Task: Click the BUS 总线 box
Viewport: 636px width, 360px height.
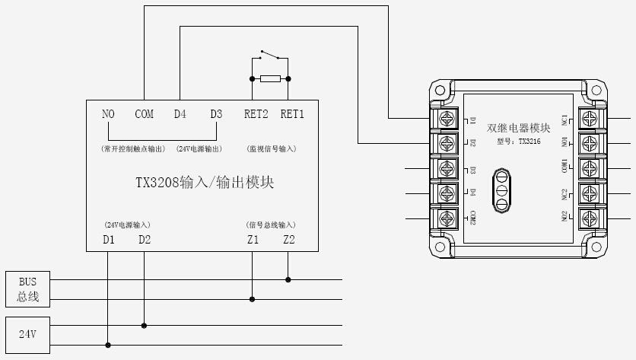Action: (28, 289)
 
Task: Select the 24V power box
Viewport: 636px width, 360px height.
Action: (28, 333)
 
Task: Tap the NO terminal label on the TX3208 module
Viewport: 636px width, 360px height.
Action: (108, 114)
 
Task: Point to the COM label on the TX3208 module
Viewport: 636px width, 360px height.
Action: (144, 114)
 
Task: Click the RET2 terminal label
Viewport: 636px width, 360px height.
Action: (256, 114)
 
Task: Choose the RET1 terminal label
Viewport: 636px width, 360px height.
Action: (292, 114)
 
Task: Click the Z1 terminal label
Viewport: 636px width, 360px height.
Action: (253, 240)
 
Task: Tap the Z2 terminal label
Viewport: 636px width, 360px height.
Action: (288, 240)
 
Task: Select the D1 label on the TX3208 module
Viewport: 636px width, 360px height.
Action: (108, 240)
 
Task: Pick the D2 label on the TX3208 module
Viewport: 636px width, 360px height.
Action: (145, 240)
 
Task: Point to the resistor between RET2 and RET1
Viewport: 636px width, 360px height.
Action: (270, 78)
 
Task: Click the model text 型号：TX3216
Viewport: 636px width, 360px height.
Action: (518, 141)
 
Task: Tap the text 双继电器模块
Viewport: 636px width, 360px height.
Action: (518, 127)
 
